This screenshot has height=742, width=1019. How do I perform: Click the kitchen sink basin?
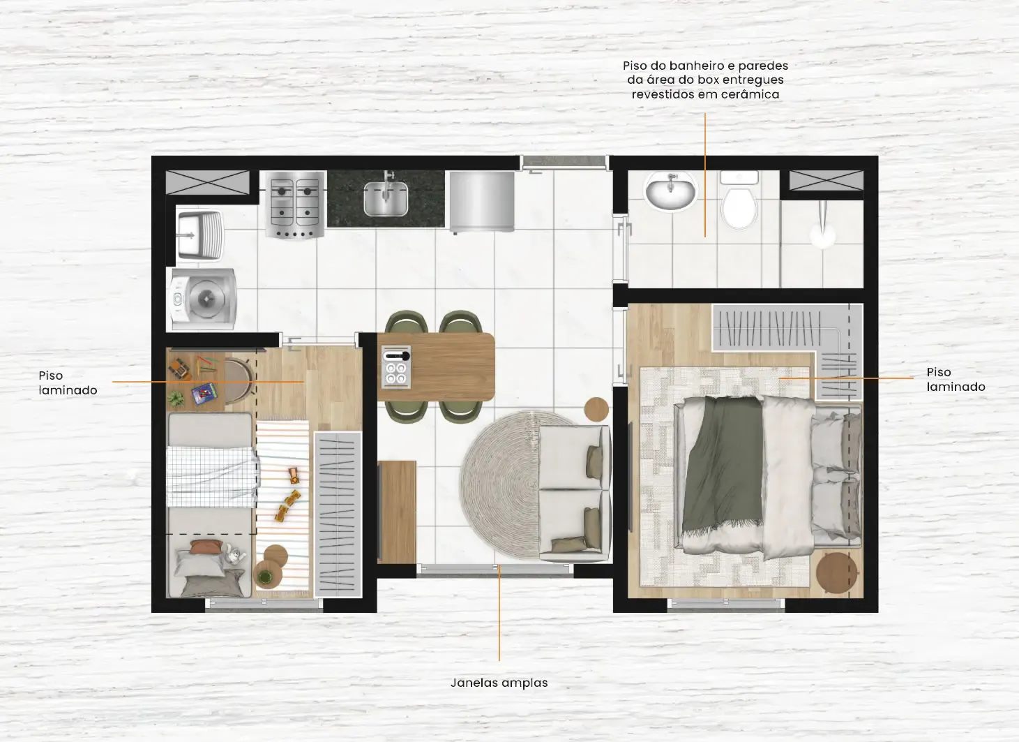coord(386,200)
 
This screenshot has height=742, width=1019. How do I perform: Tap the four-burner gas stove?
coord(295,205)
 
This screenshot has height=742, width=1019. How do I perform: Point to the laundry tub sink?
coord(199,235)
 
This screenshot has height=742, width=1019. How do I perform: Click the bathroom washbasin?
coord(670,191)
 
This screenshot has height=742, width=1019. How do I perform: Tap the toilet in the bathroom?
coord(739,200)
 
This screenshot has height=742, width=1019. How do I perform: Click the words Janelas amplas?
coord(499,683)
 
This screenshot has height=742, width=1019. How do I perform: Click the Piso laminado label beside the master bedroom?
coord(956,379)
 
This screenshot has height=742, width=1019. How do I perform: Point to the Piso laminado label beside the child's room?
coord(68,383)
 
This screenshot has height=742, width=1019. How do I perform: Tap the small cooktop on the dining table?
coord(396,367)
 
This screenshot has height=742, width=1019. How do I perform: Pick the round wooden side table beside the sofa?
coord(596,409)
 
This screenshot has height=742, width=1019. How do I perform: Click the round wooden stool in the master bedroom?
coord(836,572)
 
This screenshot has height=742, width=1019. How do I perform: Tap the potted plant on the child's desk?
coord(176,399)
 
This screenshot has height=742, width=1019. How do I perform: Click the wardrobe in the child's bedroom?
coord(338,515)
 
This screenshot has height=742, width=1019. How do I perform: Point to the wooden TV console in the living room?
coord(397,512)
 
